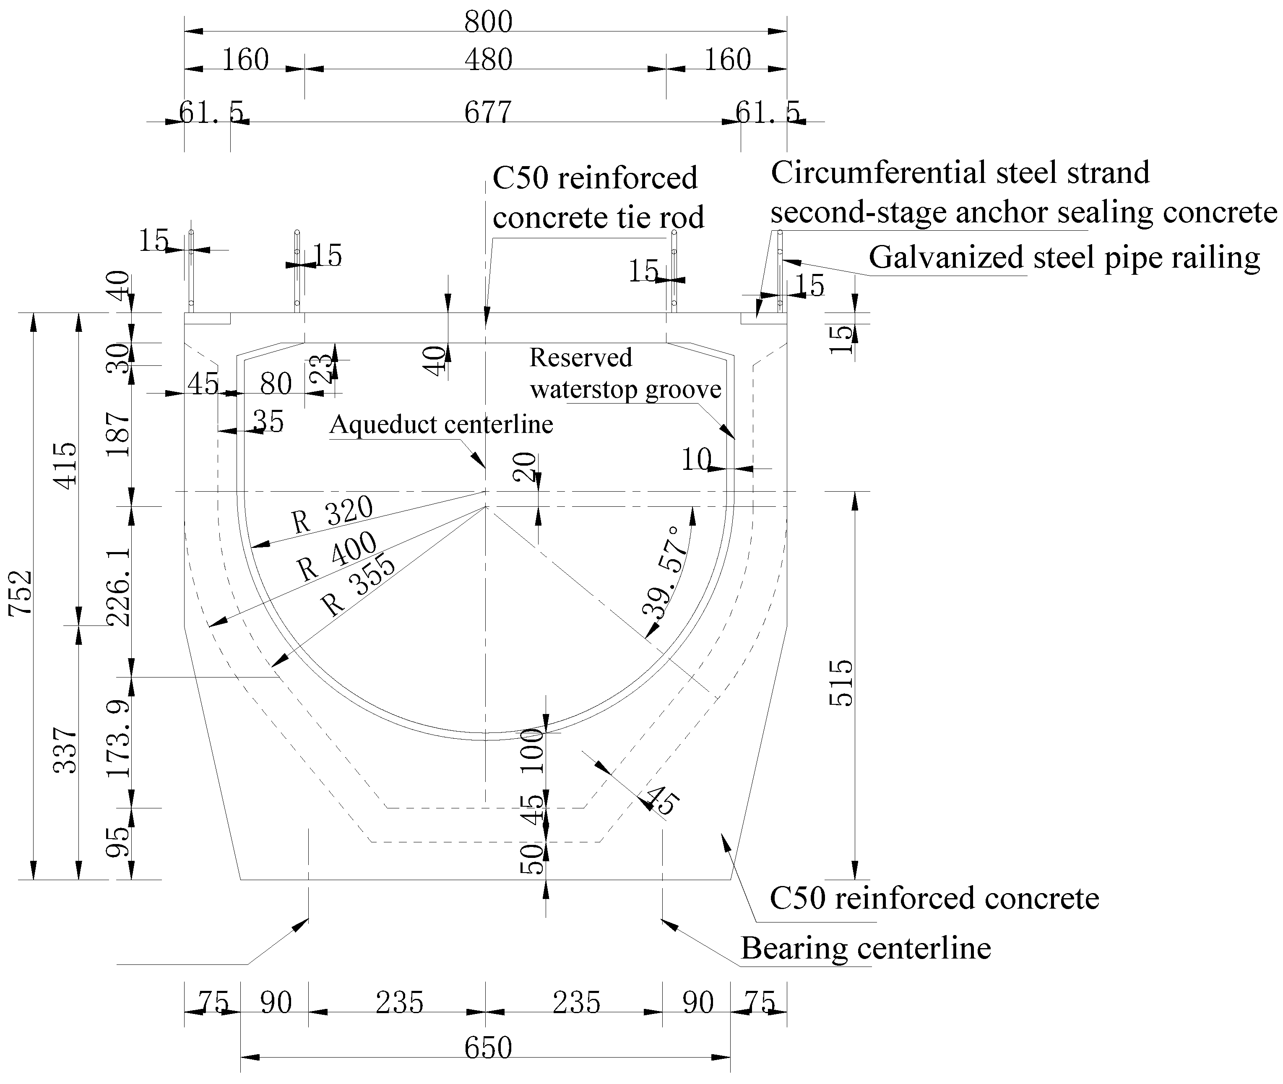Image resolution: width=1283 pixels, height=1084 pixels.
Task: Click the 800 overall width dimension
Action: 488,22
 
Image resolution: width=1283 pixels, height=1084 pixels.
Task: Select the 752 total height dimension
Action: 20,593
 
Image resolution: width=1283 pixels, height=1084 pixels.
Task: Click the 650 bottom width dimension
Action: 488,1048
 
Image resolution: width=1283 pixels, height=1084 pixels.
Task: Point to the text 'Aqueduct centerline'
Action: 441,425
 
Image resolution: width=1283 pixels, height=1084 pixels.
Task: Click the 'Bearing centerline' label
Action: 866,948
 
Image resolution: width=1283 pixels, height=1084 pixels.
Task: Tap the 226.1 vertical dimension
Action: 119,587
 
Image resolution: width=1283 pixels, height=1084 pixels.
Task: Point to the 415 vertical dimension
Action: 66,465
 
